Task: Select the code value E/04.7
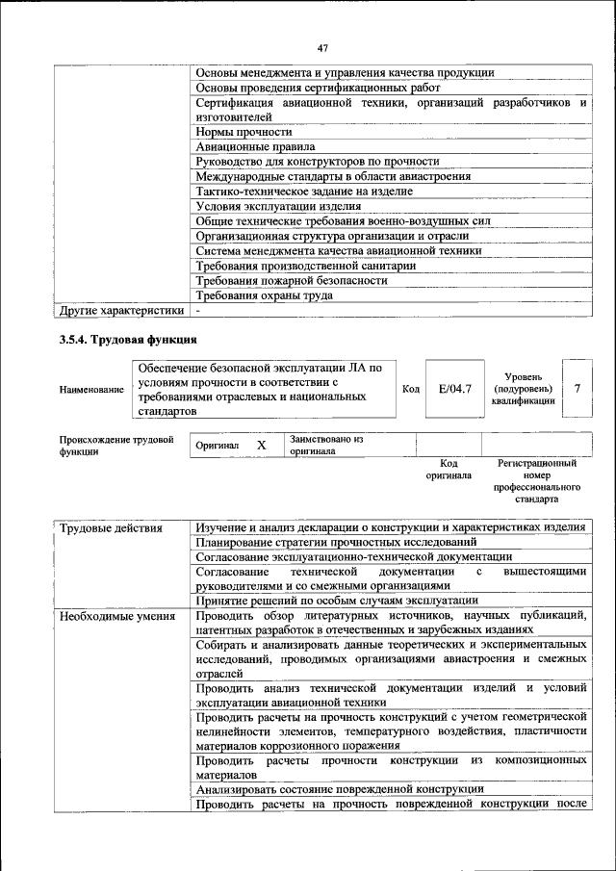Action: point(453,389)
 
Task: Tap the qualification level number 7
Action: point(577,389)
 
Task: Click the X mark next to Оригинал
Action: point(260,446)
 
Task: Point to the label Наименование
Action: point(91,390)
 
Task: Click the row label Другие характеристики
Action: point(120,311)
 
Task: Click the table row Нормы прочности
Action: point(244,132)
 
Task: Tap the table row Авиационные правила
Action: point(255,147)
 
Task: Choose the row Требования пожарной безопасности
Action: point(292,281)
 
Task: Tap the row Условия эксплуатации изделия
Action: point(279,206)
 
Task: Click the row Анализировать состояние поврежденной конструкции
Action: point(339,789)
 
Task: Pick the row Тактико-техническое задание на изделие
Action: point(305,192)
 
